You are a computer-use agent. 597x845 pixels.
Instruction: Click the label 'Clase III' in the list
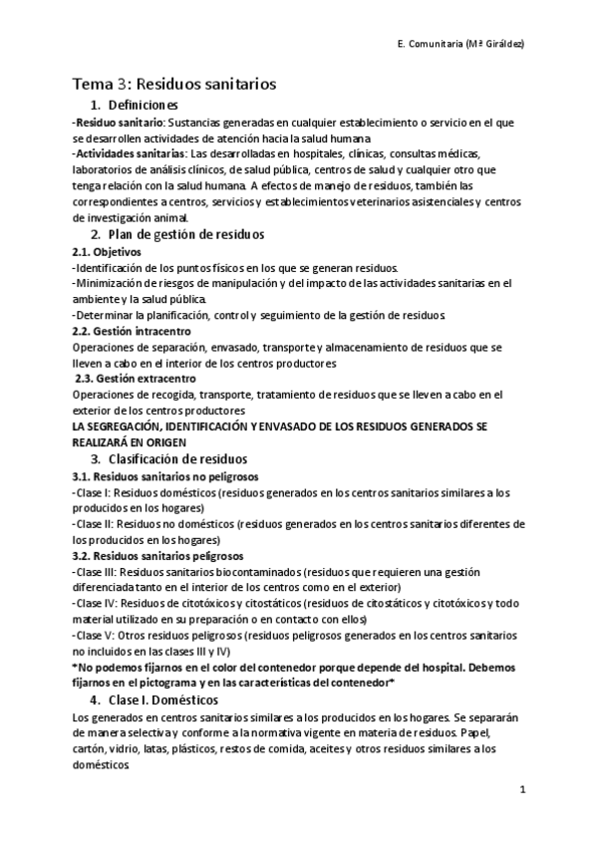point(97,572)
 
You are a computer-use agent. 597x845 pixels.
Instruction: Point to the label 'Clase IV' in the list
point(97,604)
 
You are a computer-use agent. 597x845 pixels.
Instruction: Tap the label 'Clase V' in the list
point(95,636)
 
